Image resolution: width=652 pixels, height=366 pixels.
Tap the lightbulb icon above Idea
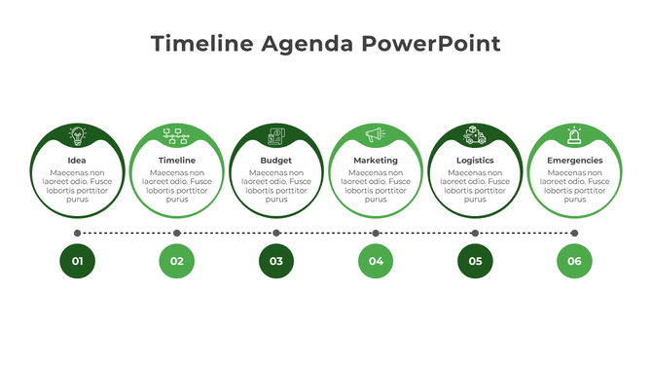click(77, 136)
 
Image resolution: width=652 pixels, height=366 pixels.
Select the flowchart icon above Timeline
click(176, 136)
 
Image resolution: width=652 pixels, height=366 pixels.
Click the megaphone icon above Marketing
click(376, 135)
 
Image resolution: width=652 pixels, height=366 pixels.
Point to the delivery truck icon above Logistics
click(475, 135)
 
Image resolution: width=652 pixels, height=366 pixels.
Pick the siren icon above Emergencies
click(574, 136)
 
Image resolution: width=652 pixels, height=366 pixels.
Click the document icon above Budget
click(276, 136)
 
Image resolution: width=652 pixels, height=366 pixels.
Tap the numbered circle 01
click(77, 261)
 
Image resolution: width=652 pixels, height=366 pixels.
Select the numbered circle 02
click(176, 261)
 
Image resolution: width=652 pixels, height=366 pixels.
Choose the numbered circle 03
click(276, 261)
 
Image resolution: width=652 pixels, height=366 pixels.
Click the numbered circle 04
click(376, 261)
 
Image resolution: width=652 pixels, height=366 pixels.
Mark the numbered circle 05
click(475, 261)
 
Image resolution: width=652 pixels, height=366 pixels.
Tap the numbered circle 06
click(574, 261)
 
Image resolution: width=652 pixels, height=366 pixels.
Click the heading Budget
click(276, 161)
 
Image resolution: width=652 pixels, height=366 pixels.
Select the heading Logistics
click(475, 161)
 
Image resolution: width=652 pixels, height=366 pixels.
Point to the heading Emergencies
click(574, 161)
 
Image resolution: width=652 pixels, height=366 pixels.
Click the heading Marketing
click(376, 161)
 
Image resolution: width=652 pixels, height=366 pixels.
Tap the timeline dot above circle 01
click(77, 233)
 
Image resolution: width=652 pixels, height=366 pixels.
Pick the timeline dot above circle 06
click(574, 233)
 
